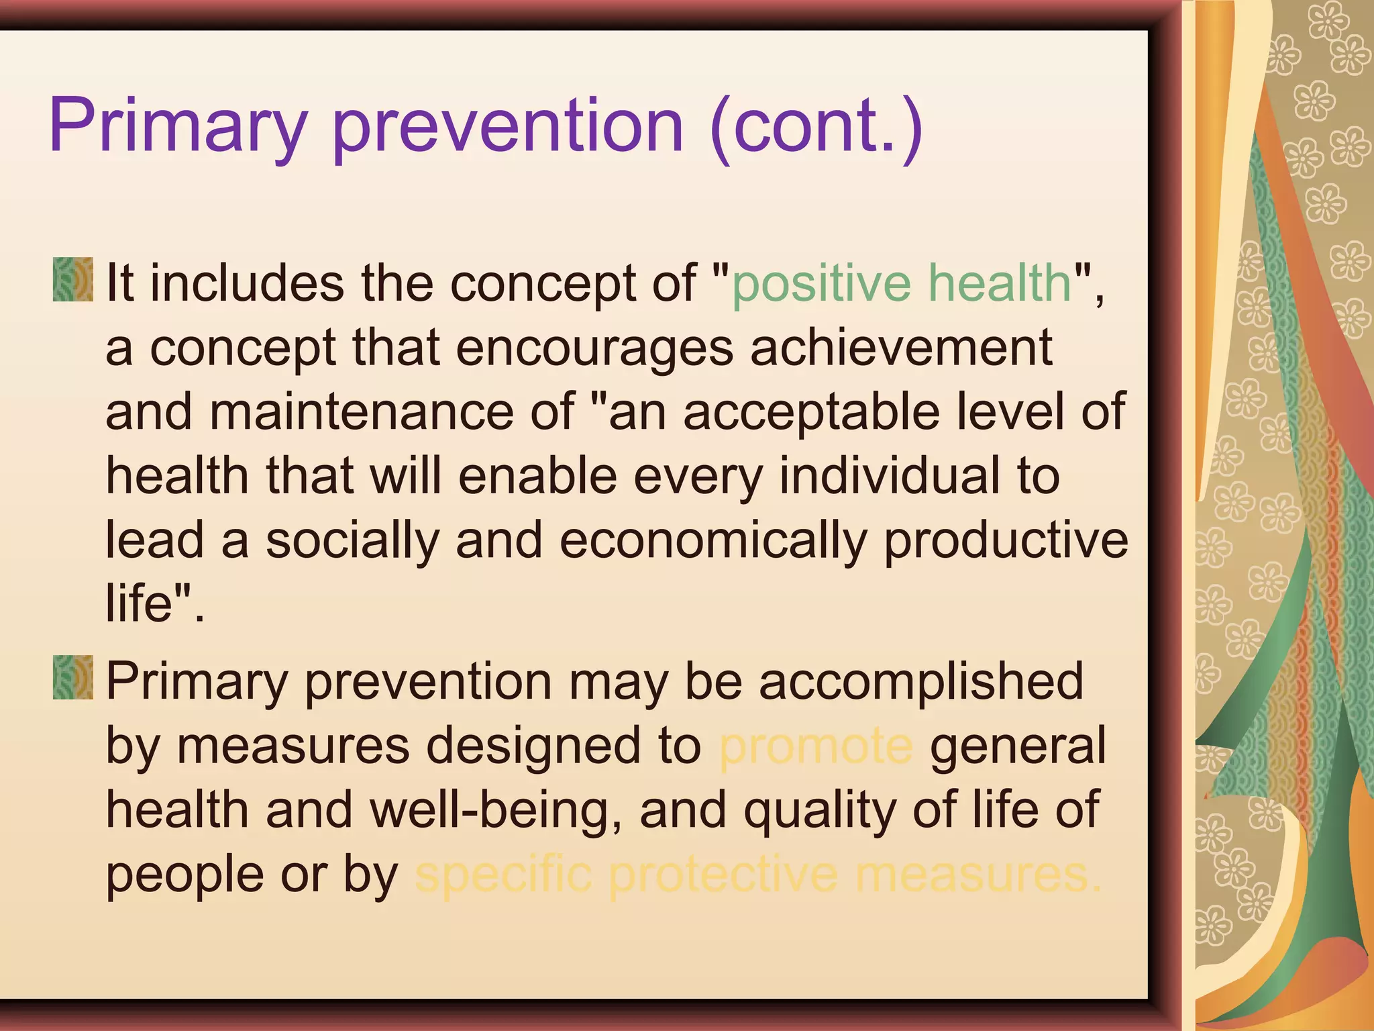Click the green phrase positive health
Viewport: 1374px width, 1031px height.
tap(901, 284)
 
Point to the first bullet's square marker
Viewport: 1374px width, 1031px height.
tap(72, 279)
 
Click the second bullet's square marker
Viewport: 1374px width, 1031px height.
tap(72, 678)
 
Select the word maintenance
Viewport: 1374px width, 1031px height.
tap(361, 412)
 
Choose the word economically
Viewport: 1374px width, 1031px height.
tap(713, 540)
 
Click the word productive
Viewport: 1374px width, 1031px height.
tap(1005, 540)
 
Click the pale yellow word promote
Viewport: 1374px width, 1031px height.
tap(815, 746)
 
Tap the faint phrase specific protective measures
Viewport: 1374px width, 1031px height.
tap(758, 875)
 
